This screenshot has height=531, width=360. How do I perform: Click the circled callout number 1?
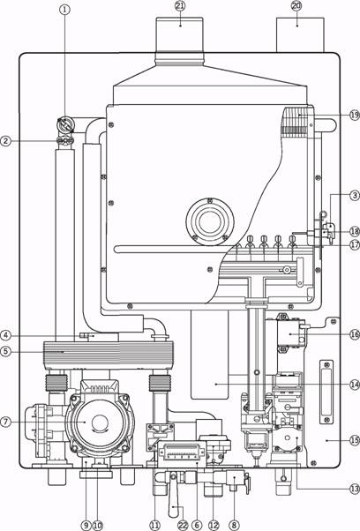click(x=64, y=10)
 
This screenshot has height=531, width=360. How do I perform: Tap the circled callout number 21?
click(x=180, y=6)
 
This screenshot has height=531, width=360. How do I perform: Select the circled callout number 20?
click(x=296, y=6)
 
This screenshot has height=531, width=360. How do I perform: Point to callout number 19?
click(x=355, y=116)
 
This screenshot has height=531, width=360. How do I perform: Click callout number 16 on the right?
click(x=355, y=334)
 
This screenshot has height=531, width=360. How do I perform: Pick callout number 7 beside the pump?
click(x=6, y=422)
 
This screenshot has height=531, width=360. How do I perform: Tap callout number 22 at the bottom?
click(x=183, y=525)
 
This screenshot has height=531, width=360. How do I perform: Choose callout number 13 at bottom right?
click(x=355, y=489)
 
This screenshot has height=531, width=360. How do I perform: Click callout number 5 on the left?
click(x=6, y=352)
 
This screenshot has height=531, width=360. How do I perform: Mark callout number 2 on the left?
click(x=6, y=141)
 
